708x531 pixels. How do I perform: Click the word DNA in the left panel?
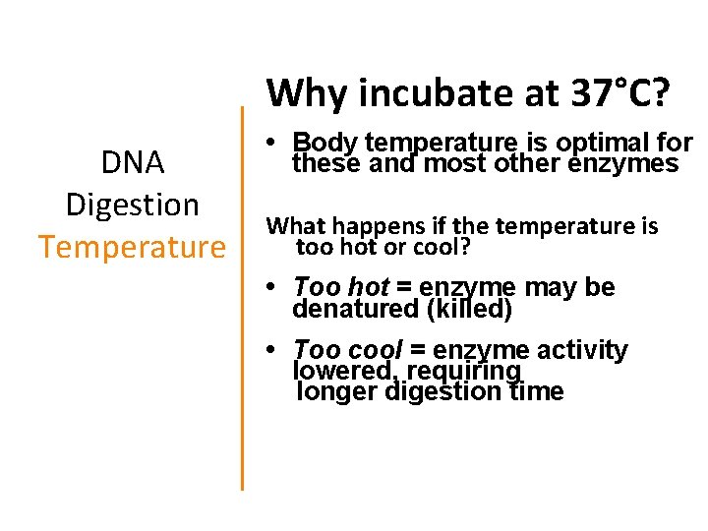[133, 162]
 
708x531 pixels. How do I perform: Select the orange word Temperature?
[133, 246]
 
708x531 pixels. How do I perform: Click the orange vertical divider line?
[242, 295]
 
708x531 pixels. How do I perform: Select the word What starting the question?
[297, 226]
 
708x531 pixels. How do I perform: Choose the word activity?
[584, 350]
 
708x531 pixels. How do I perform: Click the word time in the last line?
[536, 391]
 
